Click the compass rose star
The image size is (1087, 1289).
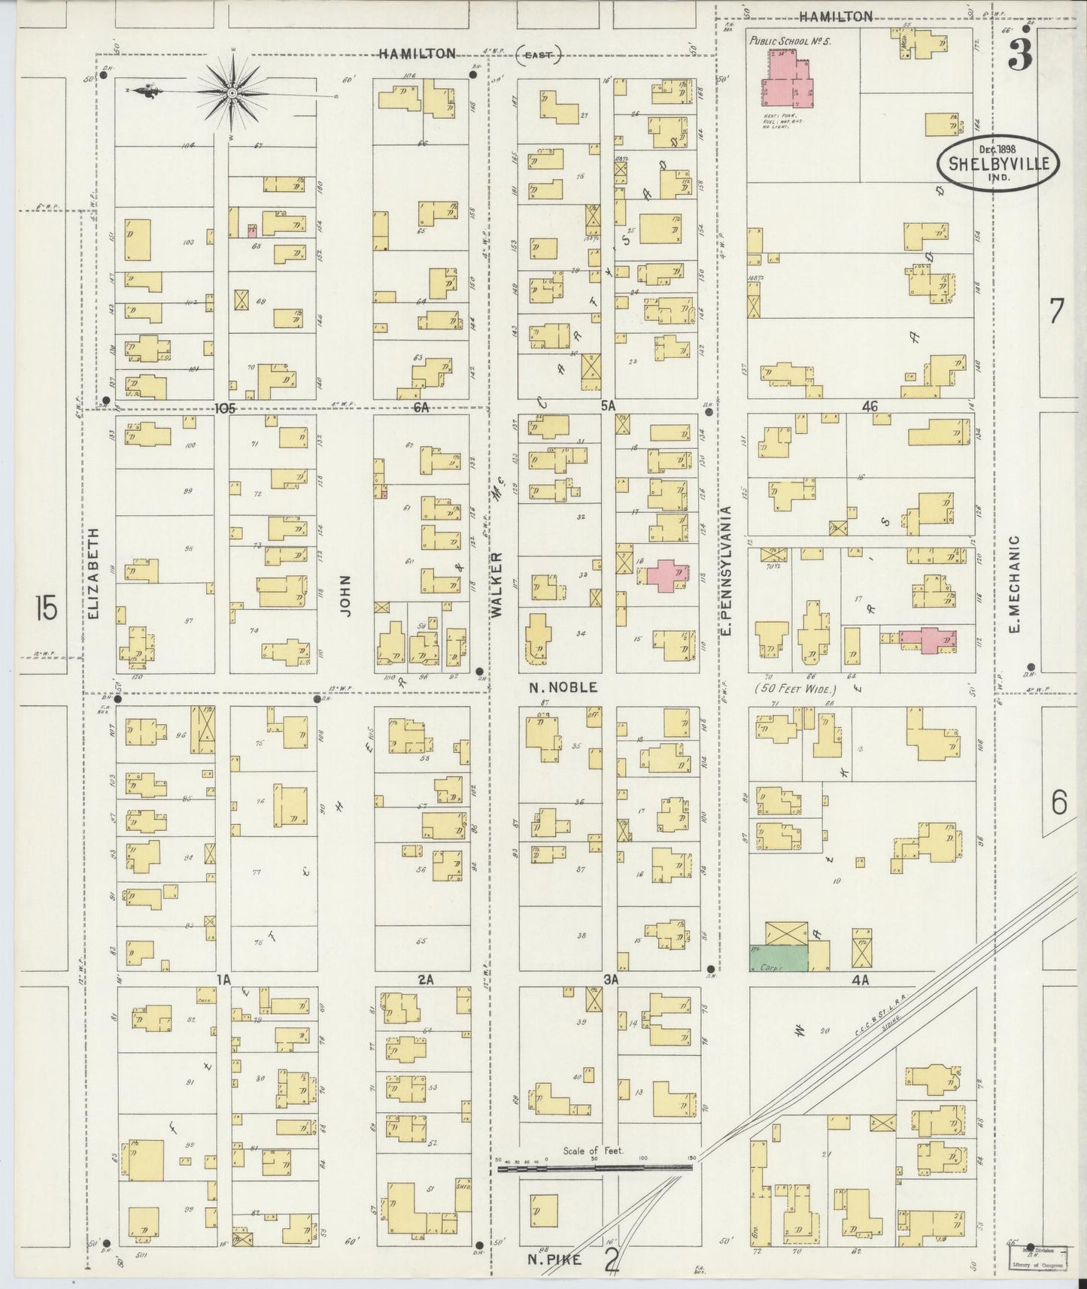click(x=232, y=93)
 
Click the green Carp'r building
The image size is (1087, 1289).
click(x=778, y=957)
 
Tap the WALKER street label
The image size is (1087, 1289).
click(x=496, y=585)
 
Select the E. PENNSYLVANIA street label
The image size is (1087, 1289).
click(x=727, y=569)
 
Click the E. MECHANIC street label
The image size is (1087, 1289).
click(x=1014, y=584)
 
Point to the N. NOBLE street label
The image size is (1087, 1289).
click(x=563, y=687)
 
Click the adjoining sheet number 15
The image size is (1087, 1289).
click(x=45, y=608)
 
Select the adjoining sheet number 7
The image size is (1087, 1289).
click(x=1057, y=311)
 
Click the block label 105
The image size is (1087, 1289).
click(x=225, y=408)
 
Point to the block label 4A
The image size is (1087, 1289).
click(x=861, y=980)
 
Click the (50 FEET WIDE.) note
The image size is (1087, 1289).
click(x=796, y=689)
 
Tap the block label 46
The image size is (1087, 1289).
click(x=870, y=407)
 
